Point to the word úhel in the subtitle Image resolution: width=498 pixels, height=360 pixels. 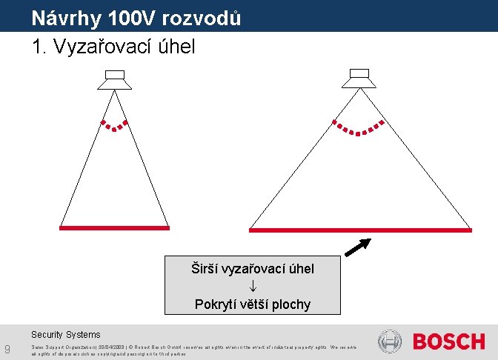tap(177, 47)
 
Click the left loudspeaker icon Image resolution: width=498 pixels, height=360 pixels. tap(115, 79)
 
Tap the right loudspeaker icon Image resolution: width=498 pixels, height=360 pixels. tap(360, 79)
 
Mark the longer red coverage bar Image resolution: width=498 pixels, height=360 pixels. tap(360, 230)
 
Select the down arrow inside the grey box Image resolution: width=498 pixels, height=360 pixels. tap(253, 287)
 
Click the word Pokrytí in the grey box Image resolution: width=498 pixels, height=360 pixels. tap(215, 304)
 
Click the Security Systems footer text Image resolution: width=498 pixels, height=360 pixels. tap(65, 335)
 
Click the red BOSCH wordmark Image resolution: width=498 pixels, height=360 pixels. tap(449, 341)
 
